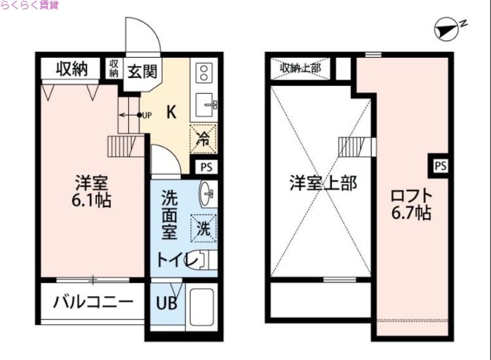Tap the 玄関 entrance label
pos(142,71)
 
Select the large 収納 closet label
pos(70,69)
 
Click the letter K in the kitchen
pos(172,112)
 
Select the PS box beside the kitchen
pos(204,166)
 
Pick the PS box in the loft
pos(440,165)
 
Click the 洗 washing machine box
pos(203,227)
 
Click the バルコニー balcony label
pos(93,302)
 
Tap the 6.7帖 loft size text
pos(411,213)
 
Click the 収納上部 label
pos(301,68)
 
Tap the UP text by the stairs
pos(147,115)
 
